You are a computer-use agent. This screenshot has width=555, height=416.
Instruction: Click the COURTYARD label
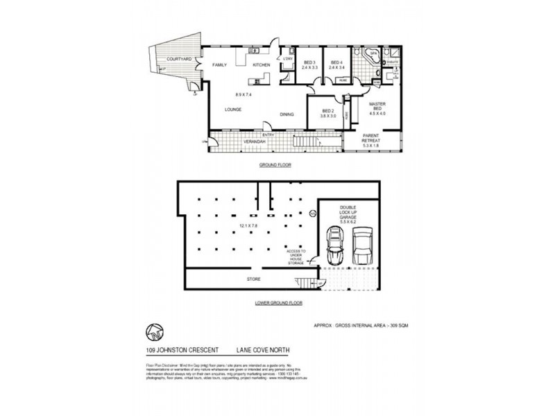(179, 60)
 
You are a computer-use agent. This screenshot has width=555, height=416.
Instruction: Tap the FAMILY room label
(219, 64)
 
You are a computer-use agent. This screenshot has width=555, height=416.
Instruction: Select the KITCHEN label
(261, 64)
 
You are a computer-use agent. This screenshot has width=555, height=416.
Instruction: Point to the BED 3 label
(309, 63)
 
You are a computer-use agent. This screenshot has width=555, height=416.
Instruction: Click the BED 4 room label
(337, 63)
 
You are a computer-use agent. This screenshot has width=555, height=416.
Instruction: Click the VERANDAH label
(254, 142)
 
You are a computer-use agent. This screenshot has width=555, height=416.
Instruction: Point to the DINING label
(287, 114)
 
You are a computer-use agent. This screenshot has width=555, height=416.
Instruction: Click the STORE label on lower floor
(253, 279)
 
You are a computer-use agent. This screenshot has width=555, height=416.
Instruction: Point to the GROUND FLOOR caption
(275, 165)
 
